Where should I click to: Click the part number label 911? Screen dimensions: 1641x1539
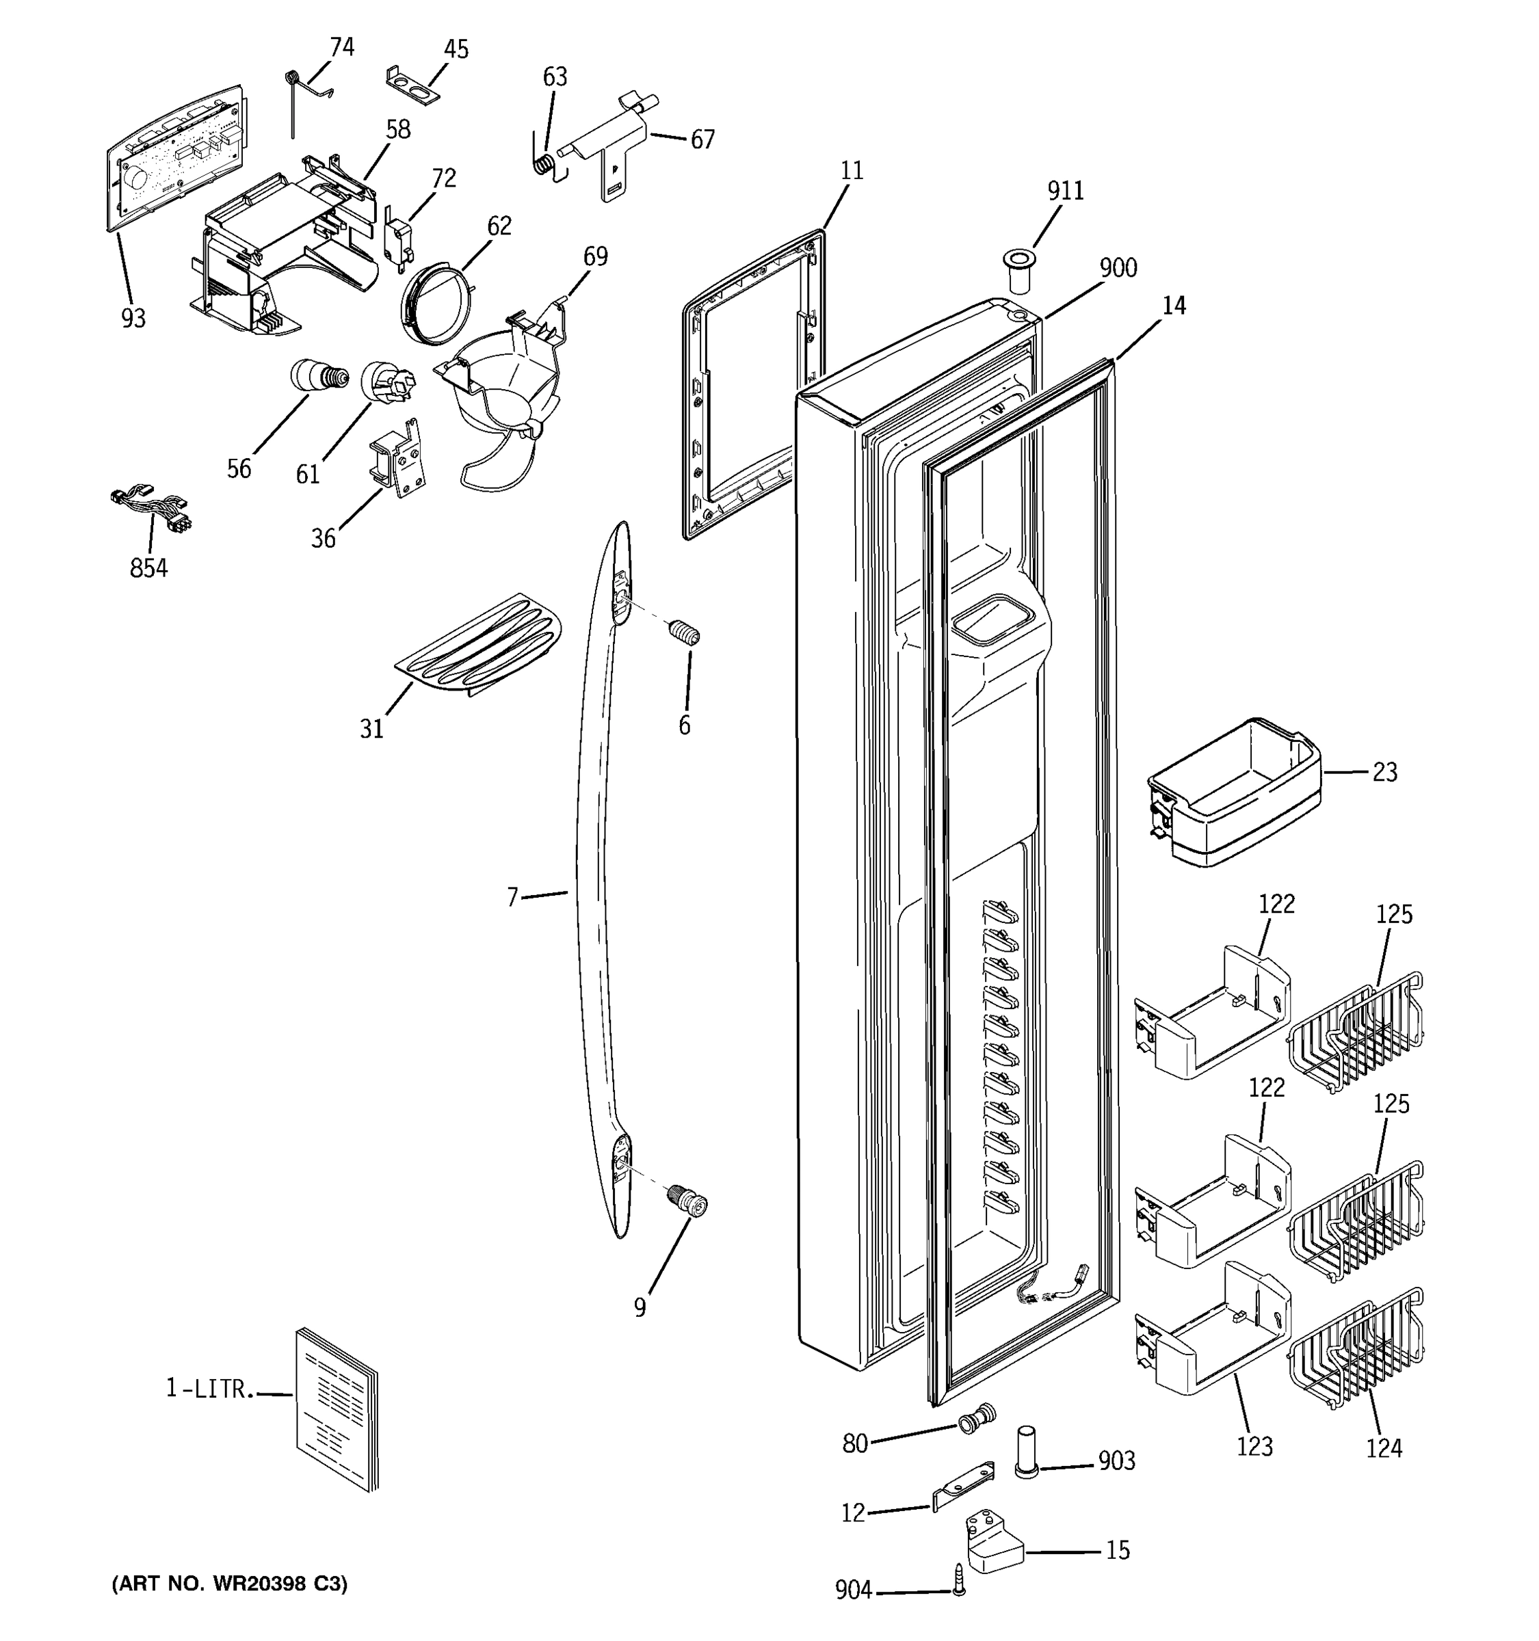pos(1065,191)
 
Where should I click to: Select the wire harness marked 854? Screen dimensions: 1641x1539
pos(151,510)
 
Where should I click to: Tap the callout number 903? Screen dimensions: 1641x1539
pos(1116,1461)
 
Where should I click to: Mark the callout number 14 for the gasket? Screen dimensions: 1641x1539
pos(1173,306)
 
